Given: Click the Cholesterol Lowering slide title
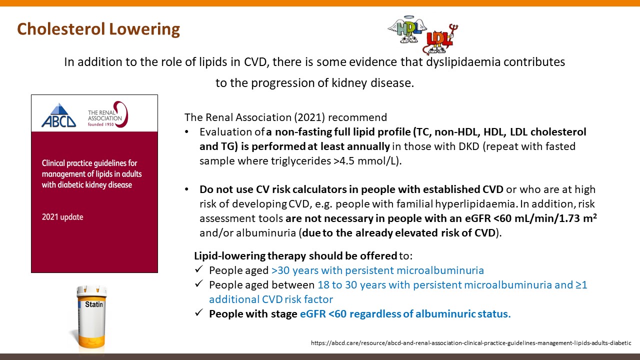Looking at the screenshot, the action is (98, 29).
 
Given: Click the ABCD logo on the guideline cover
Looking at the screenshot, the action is (58, 115).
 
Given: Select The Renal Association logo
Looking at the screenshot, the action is (108, 114).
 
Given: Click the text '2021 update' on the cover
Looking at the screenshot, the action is (62, 217).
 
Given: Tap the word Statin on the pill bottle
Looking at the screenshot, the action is (94, 304).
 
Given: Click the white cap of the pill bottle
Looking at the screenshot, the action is (91, 290).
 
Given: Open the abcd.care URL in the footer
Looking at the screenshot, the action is (471, 343).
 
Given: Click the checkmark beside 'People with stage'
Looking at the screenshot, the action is (199, 312).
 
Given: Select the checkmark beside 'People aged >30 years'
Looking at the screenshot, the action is (199, 269).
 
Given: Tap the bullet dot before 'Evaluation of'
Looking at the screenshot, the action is (186, 132).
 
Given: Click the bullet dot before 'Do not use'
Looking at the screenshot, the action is (186, 189).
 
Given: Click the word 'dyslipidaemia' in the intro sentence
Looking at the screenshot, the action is (463, 62).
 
